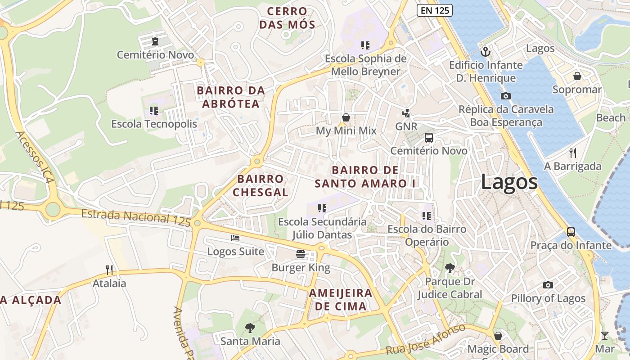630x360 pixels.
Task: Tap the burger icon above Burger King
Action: click(301, 254)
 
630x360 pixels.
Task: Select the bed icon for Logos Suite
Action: click(235, 238)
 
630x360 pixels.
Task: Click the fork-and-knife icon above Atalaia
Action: click(109, 270)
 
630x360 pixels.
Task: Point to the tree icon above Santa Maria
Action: click(250, 328)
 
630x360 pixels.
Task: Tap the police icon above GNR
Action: click(406, 113)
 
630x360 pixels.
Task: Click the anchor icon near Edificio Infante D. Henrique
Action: click(486, 51)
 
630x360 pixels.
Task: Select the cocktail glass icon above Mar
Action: click(604, 336)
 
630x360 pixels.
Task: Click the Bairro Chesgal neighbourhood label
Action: click(261, 185)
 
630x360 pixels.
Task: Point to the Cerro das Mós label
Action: click(287, 18)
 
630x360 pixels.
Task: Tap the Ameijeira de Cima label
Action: click(341, 300)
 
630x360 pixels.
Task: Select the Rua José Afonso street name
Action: click(425, 340)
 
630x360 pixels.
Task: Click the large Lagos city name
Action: click(509, 182)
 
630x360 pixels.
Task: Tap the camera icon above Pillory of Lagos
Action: click(548, 285)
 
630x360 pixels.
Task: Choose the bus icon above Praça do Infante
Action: click(571, 232)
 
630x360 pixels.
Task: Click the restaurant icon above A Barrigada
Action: click(572, 153)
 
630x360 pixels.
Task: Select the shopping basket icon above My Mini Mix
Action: click(346, 117)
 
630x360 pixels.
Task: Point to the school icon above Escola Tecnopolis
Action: click(154, 110)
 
